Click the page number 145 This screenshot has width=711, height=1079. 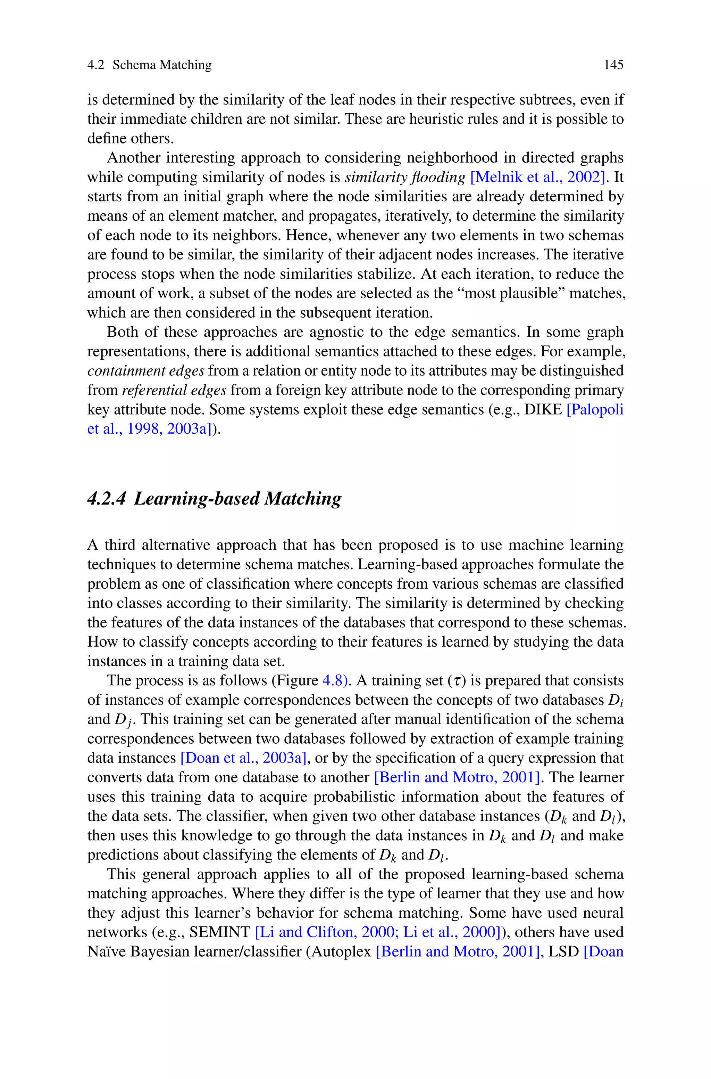[613, 65]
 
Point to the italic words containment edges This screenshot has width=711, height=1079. [145, 371]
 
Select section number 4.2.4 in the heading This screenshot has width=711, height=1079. [107, 499]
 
